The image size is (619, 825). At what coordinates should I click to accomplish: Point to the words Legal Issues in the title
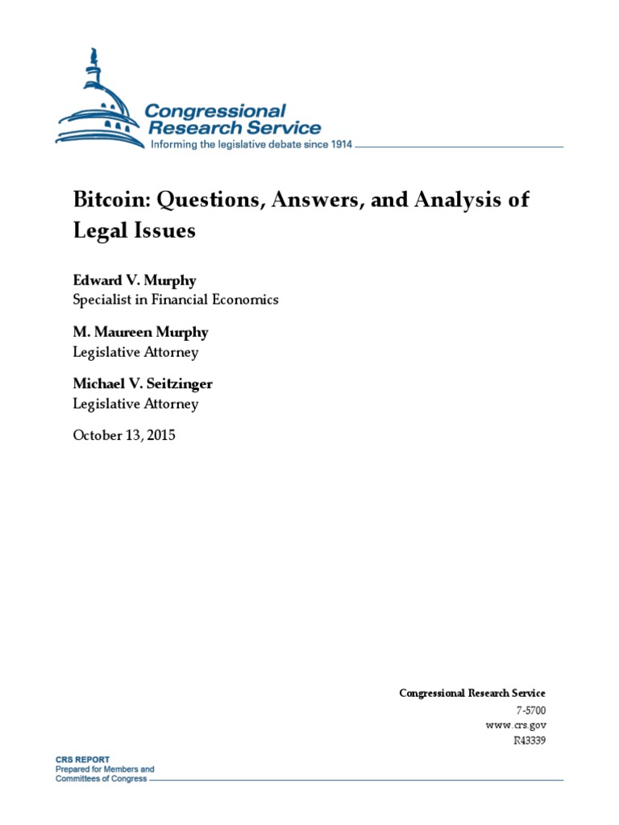(x=134, y=230)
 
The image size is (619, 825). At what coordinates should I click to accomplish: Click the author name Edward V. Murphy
(x=134, y=280)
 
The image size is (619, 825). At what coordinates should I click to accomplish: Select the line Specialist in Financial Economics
(x=176, y=299)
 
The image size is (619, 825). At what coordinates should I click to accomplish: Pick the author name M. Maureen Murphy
(x=141, y=333)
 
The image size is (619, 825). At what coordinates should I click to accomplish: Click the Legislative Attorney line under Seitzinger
(x=135, y=404)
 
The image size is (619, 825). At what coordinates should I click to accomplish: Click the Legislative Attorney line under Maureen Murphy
(x=135, y=351)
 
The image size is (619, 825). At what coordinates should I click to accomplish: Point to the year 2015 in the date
(x=159, y=436)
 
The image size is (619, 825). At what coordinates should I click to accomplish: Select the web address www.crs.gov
(x=516, y=724)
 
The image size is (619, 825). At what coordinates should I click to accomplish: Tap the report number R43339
(x=529, y=740)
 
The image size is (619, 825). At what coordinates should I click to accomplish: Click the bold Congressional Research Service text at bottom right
(x=472, y=693)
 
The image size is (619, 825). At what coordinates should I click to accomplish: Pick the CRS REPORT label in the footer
(x=82, y=760)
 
